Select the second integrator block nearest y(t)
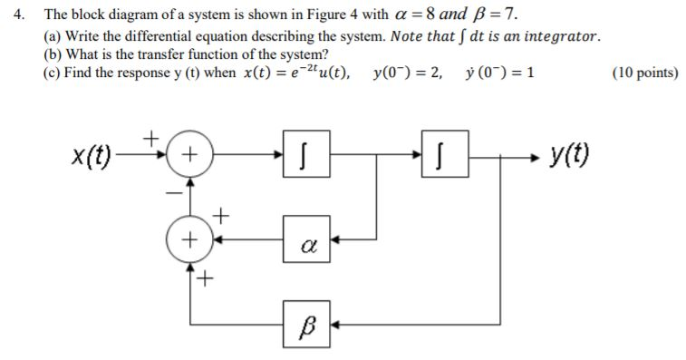441,157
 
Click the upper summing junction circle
189,156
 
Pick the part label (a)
53,35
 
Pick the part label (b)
53,54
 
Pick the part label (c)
53,73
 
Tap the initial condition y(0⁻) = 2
407,73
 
